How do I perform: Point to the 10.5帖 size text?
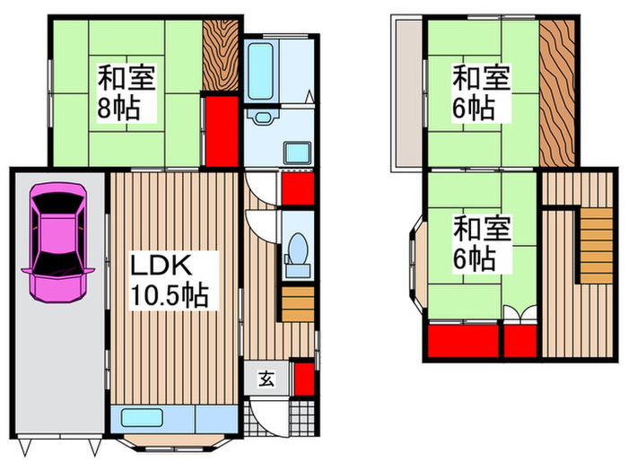[170, 296]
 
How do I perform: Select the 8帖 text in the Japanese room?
[117, 110]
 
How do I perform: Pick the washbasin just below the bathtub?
[262, 118]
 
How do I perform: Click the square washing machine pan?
[298, 153]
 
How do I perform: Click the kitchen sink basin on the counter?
[140, 418]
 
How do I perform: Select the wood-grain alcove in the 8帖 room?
[219, 54]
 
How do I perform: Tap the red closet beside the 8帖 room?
[221, 130]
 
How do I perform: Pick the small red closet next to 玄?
[302, 377]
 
